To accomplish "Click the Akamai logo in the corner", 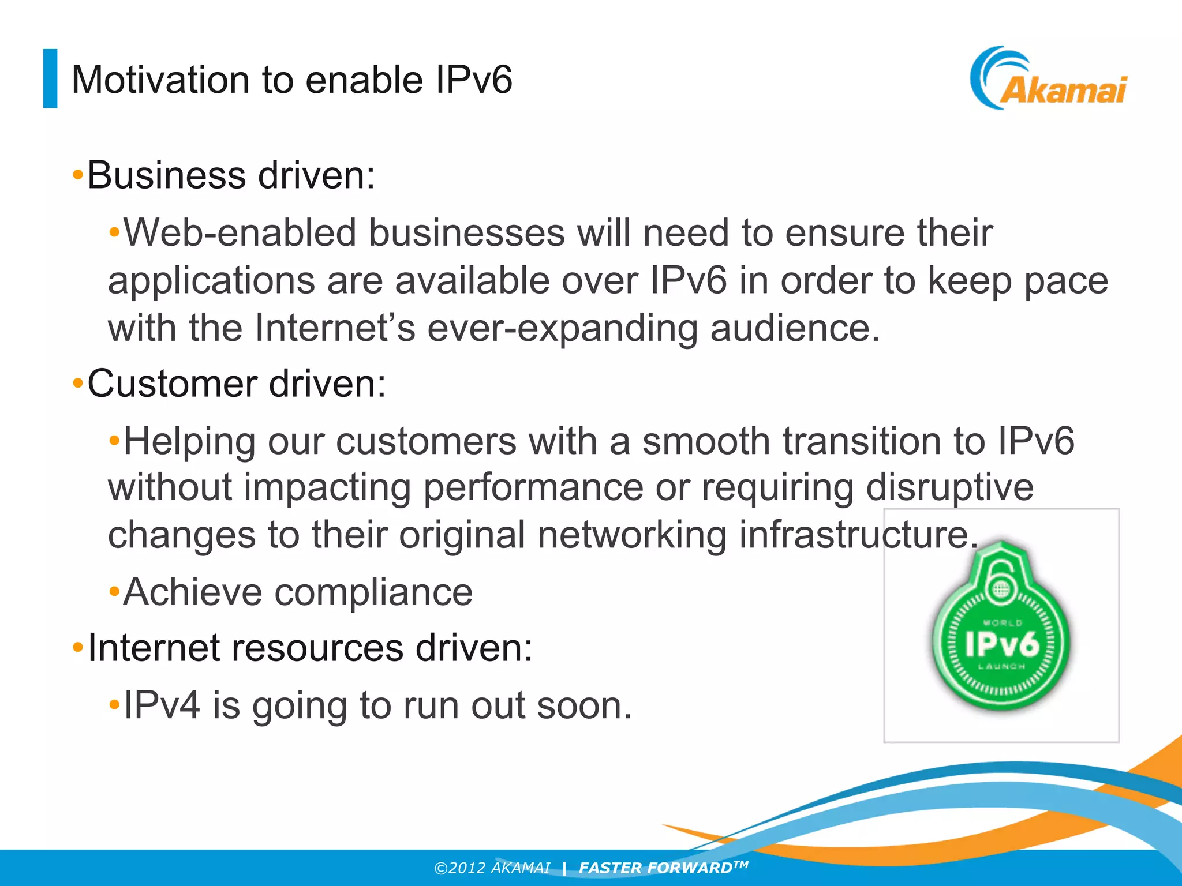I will click(1049, 80).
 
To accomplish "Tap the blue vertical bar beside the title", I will click(50, 78).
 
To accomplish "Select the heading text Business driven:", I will click(231, 175).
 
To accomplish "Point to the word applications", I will click(211, 281).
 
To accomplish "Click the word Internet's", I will click(335, 328).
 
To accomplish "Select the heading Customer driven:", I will click(237, 384).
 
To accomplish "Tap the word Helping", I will click(189, 442).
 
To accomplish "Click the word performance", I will click(533, 488).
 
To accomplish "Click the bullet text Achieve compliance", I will click(298, 592).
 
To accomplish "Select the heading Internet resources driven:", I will click(310, 648).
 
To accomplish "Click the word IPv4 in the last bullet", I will click(162, 705).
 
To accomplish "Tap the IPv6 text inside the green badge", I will click(1002, 644).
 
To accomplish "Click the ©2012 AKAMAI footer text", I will click(492, 868).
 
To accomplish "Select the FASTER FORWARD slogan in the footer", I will click(663, 868).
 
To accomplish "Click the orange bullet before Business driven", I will click(78, 175).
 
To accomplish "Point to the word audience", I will click(794, 328).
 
